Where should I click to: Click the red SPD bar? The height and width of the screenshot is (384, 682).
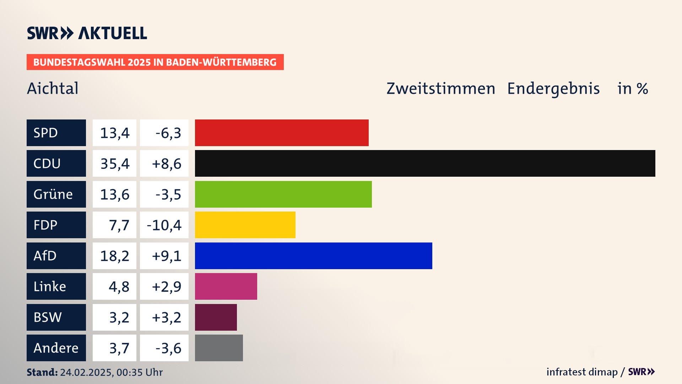(x=282, y=133)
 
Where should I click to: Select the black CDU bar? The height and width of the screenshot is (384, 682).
(x=425, y=164)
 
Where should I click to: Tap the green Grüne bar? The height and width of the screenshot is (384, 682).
(x=283, y=194)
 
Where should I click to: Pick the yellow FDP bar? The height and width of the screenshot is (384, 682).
(x=245, y=225)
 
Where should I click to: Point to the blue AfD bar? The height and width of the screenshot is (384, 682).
(x=313, y=256)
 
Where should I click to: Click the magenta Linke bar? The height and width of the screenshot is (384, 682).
(x=226, y=287)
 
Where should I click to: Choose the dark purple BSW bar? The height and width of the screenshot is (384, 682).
(x=216, y=317)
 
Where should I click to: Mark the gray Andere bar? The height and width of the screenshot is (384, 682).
(x=219, y=348)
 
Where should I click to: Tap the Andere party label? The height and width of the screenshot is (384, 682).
(x=56, y=348)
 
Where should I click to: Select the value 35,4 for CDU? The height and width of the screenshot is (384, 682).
(x=115, y=164)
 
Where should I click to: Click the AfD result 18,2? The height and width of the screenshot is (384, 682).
(x=115, y=256)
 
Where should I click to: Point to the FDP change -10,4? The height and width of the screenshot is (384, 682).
(x=164, y=225)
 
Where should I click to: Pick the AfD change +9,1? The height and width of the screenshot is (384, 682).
(x=166, y=256)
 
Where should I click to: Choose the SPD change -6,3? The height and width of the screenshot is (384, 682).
(x=168, y=133)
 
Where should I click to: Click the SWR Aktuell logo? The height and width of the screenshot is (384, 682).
(x=87, y=33)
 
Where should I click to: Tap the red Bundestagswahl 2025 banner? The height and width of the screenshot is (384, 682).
(x=155, y=62)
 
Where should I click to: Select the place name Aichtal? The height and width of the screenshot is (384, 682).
(x=53, y=88)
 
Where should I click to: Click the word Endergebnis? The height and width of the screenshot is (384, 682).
(x=553, y=88)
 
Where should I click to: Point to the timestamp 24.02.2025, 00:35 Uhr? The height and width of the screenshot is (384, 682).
(x=111, y=372)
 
